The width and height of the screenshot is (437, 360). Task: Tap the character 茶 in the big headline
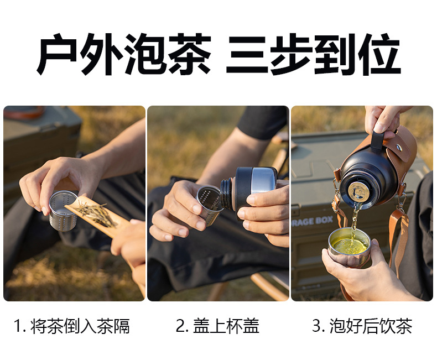(190, 54)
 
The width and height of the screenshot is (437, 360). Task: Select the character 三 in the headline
(247, 54)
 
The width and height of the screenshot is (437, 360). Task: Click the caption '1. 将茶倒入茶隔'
(71, 326)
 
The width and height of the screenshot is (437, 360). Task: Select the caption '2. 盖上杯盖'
(217, 326)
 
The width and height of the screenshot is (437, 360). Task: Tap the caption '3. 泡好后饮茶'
(362, 326)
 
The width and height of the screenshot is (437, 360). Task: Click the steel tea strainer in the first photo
(63, 211)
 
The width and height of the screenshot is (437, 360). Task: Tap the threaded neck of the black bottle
(227, 194)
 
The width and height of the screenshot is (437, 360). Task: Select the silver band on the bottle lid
(262, 181)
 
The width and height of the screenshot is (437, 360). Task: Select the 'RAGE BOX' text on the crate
(312, 222)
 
